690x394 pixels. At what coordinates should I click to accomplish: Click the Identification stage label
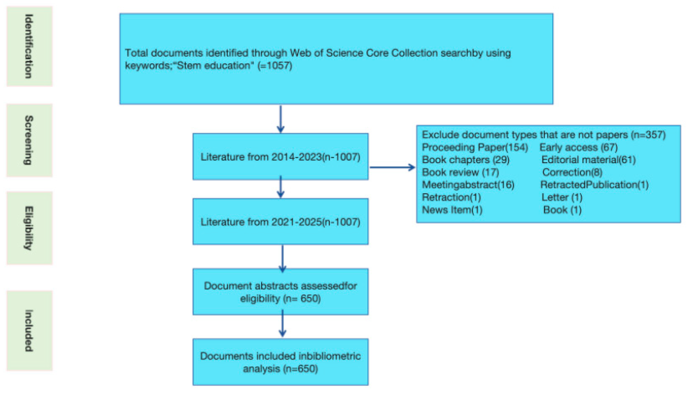tap(29, 46)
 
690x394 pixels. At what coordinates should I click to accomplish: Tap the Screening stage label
tap(29, 140)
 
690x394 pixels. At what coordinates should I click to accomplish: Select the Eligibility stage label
tap(29, 228)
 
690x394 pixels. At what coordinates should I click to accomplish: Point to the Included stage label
tap(29, 331)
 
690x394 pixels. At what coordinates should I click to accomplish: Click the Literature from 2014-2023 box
tap(280, 157)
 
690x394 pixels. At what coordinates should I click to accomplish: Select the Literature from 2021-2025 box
tap(280, 222)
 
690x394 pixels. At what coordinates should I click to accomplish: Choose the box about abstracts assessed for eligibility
tap(280, 292)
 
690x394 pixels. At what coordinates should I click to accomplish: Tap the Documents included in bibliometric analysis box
tap(280, 362)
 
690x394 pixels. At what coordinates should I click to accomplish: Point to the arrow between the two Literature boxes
tap(281, 187)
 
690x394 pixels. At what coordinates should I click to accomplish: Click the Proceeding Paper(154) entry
tap(475, 147)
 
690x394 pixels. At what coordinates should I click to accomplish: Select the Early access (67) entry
tap(579, 147)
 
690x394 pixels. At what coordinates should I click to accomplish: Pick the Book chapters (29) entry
tap(465, 160)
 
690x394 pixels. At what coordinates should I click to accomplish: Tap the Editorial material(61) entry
tap(588, 160)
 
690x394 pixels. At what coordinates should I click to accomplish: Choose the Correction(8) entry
tap(572, 172)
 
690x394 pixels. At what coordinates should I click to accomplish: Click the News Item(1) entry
tap(452, 210)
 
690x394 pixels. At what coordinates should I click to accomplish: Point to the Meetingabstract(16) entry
tap(468, 185)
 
